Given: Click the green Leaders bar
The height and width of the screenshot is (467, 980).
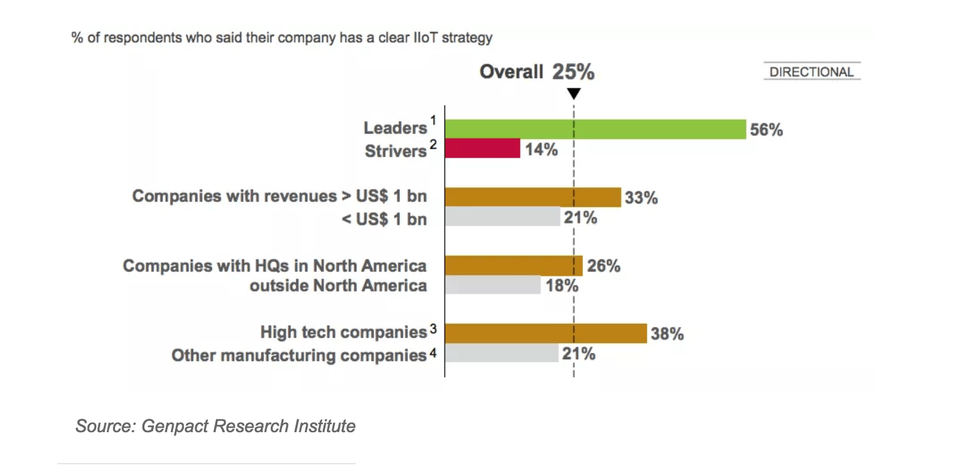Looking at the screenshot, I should [x=595, y=129].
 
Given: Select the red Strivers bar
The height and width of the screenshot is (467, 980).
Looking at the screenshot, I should [x=482, y=149].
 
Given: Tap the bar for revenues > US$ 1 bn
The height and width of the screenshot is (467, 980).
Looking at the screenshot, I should [x=533, y=197].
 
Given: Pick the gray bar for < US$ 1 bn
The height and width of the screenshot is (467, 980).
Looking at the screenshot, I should [x=502, y=217].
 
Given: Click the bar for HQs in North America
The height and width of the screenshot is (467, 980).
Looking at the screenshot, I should [x=513, y=266].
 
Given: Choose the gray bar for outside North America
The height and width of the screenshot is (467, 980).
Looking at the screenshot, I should [x=493, y=285].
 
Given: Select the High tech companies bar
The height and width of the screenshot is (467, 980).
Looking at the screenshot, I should [x=545, y=333].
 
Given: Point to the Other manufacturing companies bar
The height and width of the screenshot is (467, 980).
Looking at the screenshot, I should [x=501, y=353].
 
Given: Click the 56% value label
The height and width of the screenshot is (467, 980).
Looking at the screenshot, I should [x=766, y=130].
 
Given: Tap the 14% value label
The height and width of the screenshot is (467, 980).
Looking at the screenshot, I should [x=541, y=149].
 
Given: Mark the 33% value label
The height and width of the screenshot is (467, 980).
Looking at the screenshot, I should [x=641, y=198].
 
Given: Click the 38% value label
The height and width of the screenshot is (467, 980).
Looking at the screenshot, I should [x=667, y=334].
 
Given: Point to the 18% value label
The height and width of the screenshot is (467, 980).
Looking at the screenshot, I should [x=562, y=286].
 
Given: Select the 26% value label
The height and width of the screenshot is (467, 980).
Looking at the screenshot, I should [x=604, y=266].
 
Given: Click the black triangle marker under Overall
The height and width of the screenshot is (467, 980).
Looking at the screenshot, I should [x=574, y=94].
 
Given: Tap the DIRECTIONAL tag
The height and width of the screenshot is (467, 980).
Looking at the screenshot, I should [x=812, y=72].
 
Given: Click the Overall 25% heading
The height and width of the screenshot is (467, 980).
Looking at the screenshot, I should [x=537, y=72].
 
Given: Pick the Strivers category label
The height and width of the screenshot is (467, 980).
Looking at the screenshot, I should [x=396, y=151].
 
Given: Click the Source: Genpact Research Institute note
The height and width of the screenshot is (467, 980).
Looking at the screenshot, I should [x=215, y=426].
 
